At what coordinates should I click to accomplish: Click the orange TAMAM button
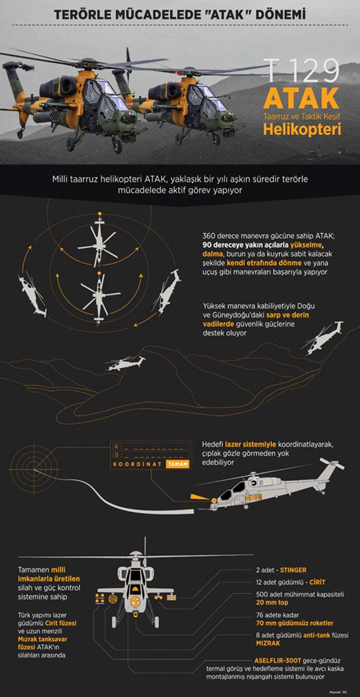click(x=177, y=464)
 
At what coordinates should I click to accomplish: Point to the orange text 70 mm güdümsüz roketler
click(x=294, y=623)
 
